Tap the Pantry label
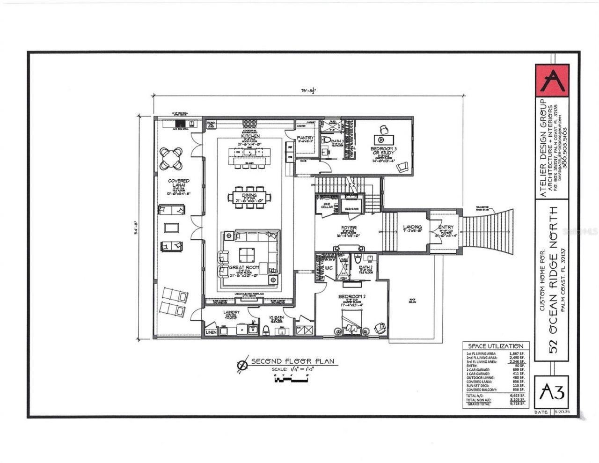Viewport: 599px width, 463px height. (x=305, y=138)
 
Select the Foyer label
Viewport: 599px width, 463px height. (x=348, y=228)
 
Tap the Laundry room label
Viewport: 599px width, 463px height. (x=231, y=312)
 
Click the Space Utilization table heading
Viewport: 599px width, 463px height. (x=493, y=345)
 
